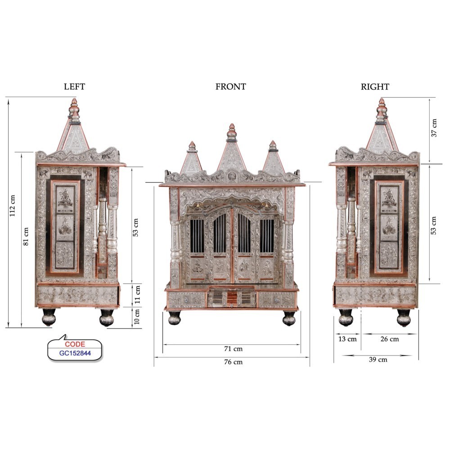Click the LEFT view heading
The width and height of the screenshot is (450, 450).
(74, 87)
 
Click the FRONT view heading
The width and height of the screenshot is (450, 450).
(230, 87)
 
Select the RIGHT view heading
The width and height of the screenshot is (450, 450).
(375, 87)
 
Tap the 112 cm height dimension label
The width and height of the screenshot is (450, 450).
(13, 206)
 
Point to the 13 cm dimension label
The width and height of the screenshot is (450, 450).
(348, 339)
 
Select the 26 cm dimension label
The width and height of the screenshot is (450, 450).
(390, 339)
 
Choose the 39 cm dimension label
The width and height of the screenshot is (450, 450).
(378, 359)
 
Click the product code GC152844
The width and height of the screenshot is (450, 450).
(75, 353)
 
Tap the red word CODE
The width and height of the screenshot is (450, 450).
(75, 345)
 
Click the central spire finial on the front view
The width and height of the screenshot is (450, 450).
(231, 131)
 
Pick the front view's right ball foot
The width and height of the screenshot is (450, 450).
(289, 318)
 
